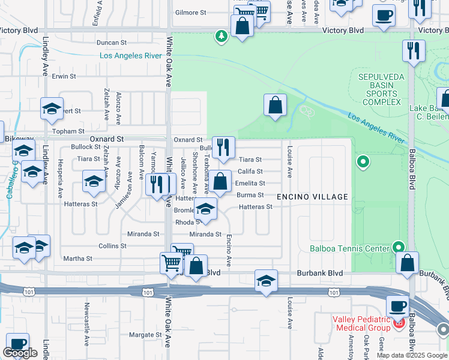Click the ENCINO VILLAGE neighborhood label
pyautogui.click(x=312, y=197)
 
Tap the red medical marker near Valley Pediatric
pyautogui.click(x=399, y=325)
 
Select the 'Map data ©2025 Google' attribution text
pyautogui.click(x=412, y=355)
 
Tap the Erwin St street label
pyautogui.click(x=64, y=76)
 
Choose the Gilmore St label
pyautogui.click(x=190, y=12)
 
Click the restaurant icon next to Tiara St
pyautogui.click(x=223, y=148)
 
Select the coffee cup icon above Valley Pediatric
pyautogui.click(x=397, y=305)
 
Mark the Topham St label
pyautogui.click(x=68, y=131)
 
